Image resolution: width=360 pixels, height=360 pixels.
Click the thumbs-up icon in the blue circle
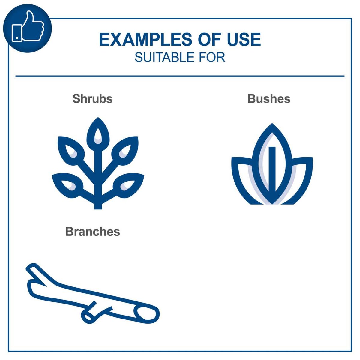(28, 28)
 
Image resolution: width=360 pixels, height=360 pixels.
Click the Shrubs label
(92, 99)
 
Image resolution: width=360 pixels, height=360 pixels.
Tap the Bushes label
(269, 99)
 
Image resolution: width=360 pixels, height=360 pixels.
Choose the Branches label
(92, 232)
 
